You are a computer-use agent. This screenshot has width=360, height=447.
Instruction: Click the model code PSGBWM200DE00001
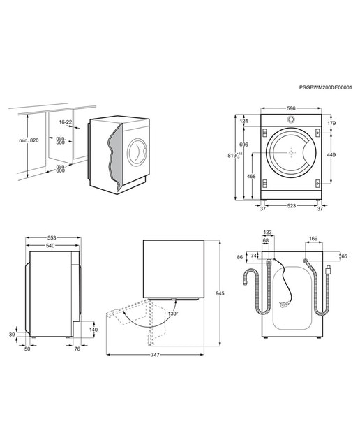(x=325, y=87)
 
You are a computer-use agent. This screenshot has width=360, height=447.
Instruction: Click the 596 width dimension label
(x=291, y=108)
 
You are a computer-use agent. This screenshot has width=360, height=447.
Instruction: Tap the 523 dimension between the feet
(x=292, y=205)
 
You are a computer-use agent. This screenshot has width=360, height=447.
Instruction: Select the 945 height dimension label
(x=220, y=293)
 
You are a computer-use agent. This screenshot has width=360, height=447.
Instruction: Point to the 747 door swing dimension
(x=155, y=355)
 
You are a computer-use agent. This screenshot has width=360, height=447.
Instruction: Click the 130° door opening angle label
(x=172, y=314)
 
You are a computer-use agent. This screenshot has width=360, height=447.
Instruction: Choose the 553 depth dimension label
(x=52, y=237)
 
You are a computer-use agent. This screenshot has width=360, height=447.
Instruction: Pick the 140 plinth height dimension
(x=93, y=330)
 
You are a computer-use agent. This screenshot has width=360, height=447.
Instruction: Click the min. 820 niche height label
(x=29, y=140)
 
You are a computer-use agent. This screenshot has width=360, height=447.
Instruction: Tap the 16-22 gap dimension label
(x=66, y=122)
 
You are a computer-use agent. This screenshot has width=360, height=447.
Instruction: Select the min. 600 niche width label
(x=61, y=168)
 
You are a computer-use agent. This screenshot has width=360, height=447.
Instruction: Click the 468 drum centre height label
(x=251, y=177)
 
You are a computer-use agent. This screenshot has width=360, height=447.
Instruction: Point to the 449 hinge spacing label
(x=331, y=155)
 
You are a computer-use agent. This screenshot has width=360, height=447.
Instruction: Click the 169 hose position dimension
(x=313, y=238)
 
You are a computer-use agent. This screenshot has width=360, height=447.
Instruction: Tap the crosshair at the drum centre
(x=291, y=152)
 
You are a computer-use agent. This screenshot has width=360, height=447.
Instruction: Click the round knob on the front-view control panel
(x=291, y=119)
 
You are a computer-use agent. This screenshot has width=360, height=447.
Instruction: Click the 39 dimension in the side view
(x=12, y=335)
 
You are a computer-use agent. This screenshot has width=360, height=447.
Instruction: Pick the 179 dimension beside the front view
(x=331, y=123)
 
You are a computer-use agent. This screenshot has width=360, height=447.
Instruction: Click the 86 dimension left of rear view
(x=240, y=257)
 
